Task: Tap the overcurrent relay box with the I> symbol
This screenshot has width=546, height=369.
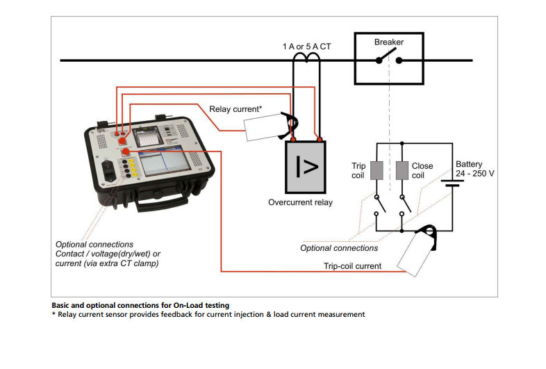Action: [306, 166]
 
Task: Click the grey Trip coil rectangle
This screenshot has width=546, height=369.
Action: [376, 170]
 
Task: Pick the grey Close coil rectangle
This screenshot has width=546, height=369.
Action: [402, 170]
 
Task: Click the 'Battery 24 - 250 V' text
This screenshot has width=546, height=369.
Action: [474, 168]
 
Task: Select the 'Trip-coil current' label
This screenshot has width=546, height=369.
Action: [352, 266]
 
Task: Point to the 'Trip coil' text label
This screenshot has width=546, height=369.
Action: [358, 170]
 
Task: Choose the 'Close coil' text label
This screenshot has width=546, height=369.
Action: [422, 170]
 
